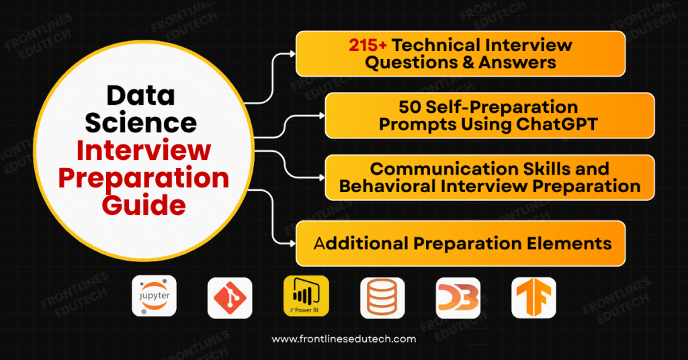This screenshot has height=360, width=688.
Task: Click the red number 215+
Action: (368, 46)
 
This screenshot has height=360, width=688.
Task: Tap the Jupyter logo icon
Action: (155, 296)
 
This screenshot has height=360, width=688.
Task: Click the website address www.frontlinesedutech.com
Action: (344, 339)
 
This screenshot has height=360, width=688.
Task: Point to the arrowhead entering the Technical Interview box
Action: (292, 53)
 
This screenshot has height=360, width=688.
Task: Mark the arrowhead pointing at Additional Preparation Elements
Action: (292, 242)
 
